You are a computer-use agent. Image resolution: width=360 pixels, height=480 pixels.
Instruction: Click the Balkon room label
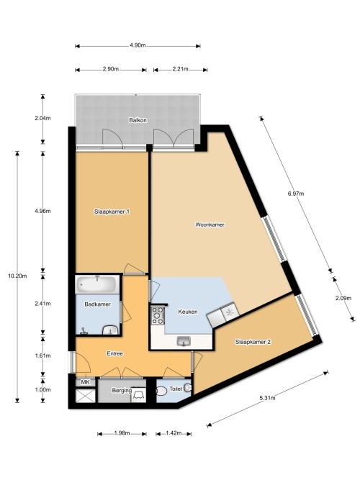138,120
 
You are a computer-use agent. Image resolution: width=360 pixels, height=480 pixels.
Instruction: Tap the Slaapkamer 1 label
112,212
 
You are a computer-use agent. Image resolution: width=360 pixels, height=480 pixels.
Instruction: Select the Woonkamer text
210,225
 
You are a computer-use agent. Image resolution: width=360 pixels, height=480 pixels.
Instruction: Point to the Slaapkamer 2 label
253,342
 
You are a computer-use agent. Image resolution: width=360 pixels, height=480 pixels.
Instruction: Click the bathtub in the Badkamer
96,284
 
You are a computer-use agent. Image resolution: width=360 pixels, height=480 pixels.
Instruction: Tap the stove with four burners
158,316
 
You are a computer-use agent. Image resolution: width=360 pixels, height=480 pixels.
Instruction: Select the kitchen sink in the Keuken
184,341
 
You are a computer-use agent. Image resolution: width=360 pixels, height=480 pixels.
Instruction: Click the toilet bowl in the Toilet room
161,391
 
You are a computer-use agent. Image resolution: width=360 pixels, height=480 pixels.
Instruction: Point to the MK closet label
85,382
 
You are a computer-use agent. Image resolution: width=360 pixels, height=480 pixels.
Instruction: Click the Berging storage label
122,391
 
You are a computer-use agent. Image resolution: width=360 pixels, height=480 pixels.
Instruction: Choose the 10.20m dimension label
17,276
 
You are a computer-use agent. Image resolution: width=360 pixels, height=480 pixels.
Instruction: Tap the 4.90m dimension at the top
138,45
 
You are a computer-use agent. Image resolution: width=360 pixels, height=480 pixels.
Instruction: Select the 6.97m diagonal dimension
296,194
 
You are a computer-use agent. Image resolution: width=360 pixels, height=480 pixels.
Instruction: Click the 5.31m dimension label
267,398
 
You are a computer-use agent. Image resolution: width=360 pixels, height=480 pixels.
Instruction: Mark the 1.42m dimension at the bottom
174,433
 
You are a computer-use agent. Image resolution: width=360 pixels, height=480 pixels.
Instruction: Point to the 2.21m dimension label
180,69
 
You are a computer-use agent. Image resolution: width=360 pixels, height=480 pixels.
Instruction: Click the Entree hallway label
115,353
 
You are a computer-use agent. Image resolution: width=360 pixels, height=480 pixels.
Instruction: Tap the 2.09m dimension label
343,298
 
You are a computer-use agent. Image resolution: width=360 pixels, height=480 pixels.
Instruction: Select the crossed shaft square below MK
86,396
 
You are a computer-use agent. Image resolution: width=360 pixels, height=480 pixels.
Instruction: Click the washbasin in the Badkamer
110,330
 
